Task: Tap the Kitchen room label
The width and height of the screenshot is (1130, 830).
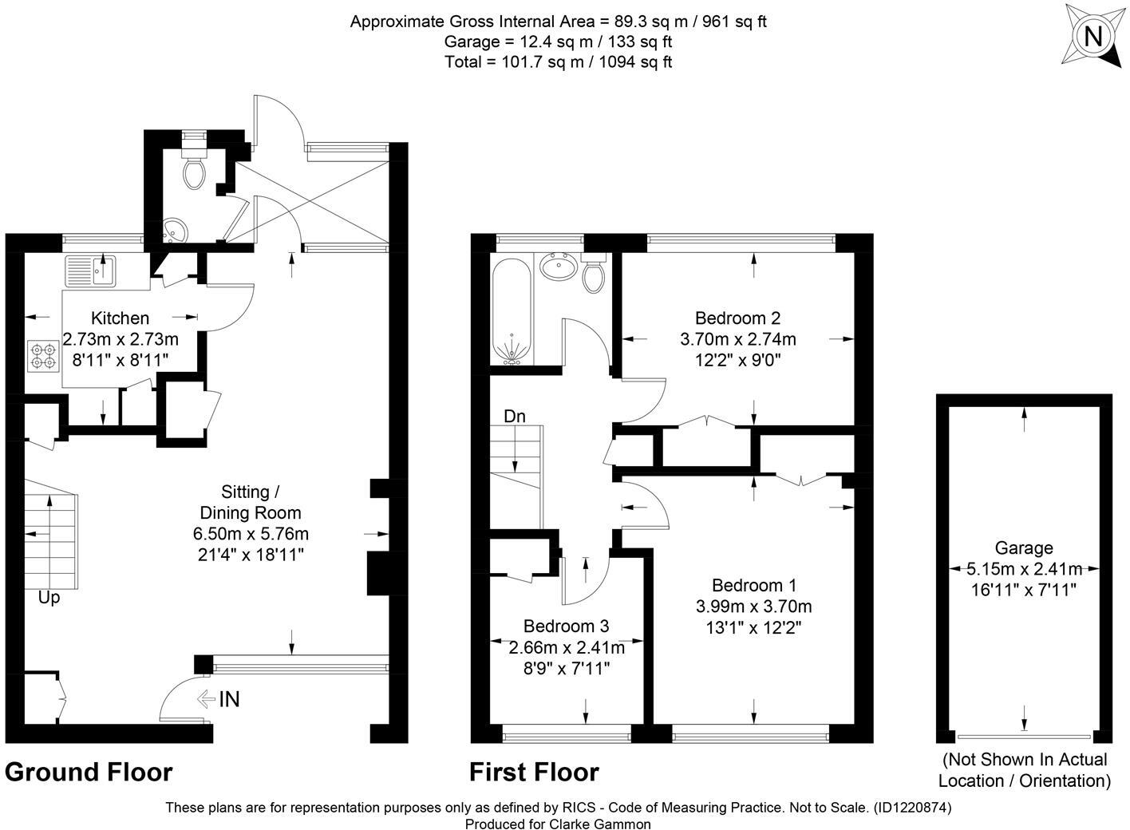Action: click(x=120, y=318)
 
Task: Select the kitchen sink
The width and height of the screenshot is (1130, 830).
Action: click(x=92, y=269)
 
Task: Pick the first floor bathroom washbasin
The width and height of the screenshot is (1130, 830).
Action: click(x=558, y=266)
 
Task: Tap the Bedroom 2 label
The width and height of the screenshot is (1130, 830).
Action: click(x=737, y=317)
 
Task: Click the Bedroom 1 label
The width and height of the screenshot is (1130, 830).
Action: click(x=753, y=585)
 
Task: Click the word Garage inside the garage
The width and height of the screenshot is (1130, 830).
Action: click(x=1023, y=547)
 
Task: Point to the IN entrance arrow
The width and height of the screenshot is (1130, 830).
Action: click(x=218, y=700)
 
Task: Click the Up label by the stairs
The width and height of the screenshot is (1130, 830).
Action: click(x=49, y=597)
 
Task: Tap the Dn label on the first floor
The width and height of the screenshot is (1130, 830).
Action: click(x=514, y=416)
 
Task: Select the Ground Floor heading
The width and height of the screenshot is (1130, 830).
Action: click(x=89, y=773)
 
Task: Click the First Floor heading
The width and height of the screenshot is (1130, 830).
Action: click(x=533, y=773)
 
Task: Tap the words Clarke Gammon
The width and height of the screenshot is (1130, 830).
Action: click(x=600, y=824)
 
